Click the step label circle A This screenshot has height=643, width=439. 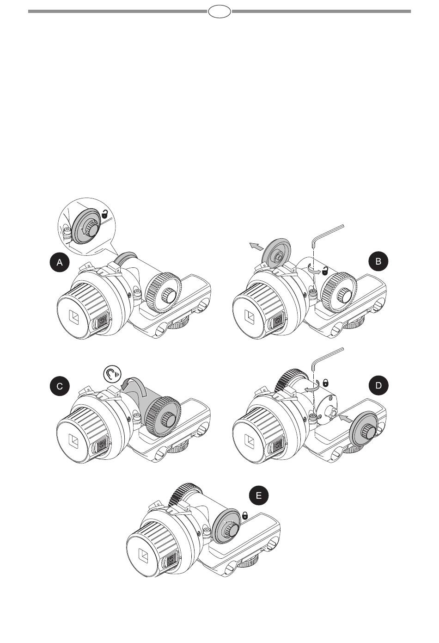coord(60,263)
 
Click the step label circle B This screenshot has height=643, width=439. coord(378,262)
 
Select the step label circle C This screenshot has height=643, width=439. coord(60,386)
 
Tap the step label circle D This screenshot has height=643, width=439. coord(378,386)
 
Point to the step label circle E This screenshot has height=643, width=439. coord(258,496)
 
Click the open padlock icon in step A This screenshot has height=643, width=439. coord(106,214)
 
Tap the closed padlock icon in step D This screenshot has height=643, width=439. coord(325,383)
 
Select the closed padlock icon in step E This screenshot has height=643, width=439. coord(245,515)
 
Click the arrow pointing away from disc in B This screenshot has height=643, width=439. coord(254,246)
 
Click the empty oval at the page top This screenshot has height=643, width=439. coord(219,12)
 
